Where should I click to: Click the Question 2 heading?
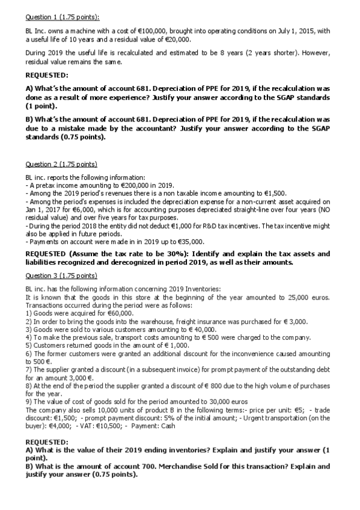coord(61,164)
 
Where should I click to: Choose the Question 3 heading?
coord(61,275)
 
